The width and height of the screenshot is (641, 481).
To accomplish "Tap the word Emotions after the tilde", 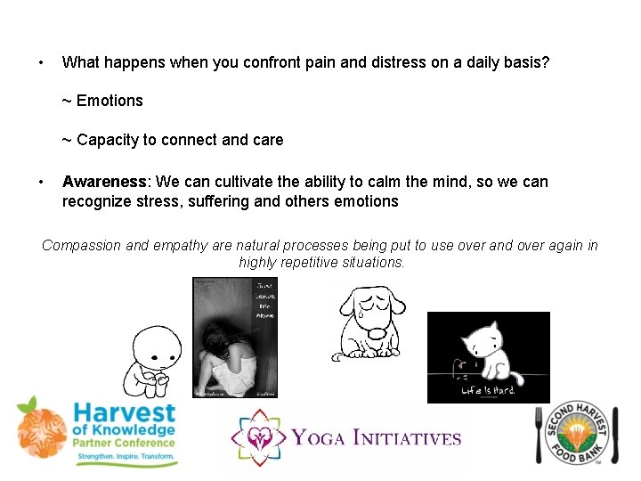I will tap(110, 101).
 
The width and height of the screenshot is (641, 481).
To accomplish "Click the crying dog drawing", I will tap(372, 320).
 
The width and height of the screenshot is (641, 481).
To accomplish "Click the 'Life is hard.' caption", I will tap(488, 390).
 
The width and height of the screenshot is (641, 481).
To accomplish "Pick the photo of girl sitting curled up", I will tap(236, 338).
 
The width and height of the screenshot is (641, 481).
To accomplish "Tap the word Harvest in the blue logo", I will tap(124, 415).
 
